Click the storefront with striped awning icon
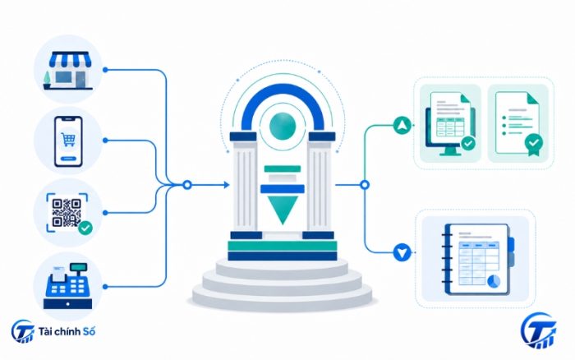point(68,71)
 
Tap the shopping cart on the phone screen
point(68,140)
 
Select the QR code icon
point(67,213)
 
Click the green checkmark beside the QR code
point(85,228)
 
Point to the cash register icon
point(68,286)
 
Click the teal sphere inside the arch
point(283,126)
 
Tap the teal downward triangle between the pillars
point(283,210)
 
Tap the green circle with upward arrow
point(402,125)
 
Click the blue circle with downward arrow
point(402,252)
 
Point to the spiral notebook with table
point(478,259)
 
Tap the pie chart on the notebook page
point(494,281)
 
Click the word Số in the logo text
point(89,331)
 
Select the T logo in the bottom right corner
point(539,331)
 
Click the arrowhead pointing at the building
point(226,185)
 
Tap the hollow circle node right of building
point(364,185)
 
